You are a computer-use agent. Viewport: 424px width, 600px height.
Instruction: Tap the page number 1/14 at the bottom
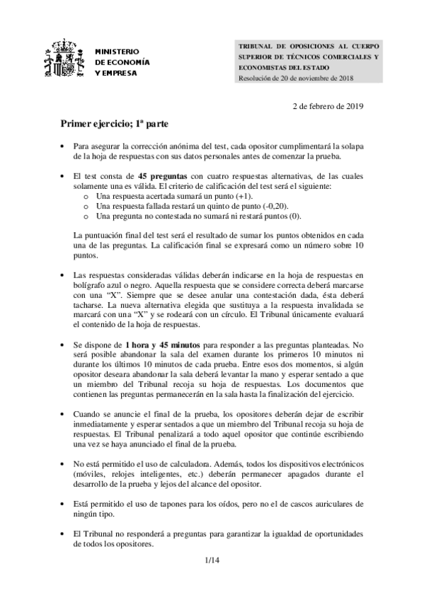[212, 560]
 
